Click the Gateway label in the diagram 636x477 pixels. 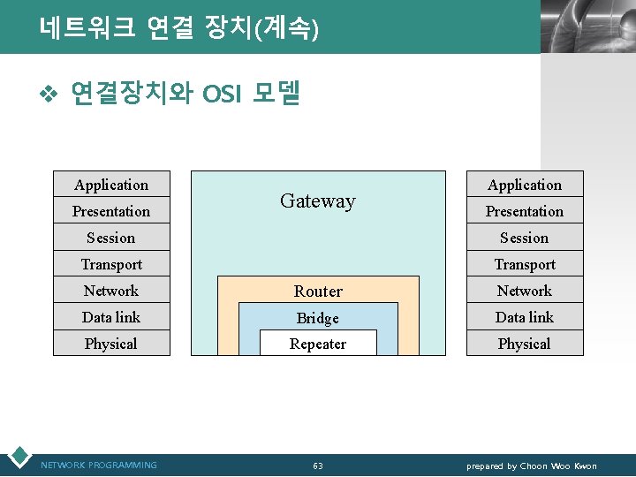[x=317, y=201]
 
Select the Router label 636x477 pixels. [x=318, y=291]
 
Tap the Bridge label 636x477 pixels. [x=318, y=318]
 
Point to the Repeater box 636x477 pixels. [x=318, y=344]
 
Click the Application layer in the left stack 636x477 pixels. [x=111, y=185]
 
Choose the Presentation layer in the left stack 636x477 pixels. [x=111, y=211]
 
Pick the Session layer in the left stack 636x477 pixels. [x=111, y=238]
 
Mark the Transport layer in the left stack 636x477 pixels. [x=111, y=264]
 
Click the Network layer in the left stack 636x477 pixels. [x=111, y=291]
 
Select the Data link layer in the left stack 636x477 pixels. [x=111, y=317]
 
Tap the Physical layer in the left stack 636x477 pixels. [x=111, y=344]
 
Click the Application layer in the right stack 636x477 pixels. [x=525, y=185]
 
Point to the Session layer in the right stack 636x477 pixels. [x=525, y=238]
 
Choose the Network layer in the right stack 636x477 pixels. [x=525, y=291]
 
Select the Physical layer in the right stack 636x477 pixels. [x=525, y=344]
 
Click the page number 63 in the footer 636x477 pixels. [x=318, y=466]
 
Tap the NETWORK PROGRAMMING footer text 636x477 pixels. [x=99, y=466]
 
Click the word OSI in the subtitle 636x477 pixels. [x=221, y=93]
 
